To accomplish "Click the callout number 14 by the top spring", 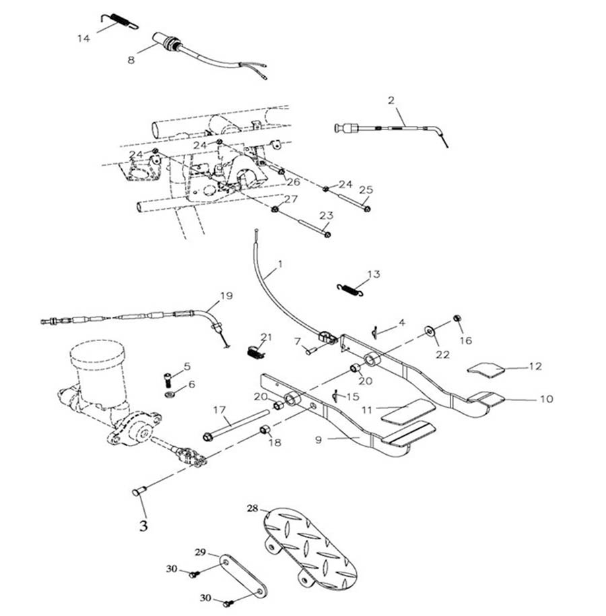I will [x=83, y=38].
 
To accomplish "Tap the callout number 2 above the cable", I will [x=391, y=100].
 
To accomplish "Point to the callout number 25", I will [x=365, y=189].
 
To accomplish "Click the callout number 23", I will [x=326, y=216].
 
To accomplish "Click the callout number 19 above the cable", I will [x=226, y=295].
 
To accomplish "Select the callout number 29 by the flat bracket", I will [x=200, y=553].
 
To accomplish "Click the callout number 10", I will [x=546, y=398].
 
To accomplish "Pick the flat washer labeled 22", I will [x=429, y=332].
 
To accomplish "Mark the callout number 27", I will [x=290, y=199].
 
